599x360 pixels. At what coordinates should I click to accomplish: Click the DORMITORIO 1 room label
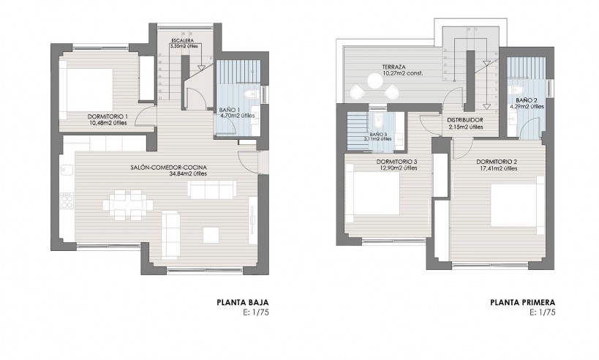coord(108,116)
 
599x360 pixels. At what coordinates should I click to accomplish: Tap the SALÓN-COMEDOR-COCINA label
coord(168,168)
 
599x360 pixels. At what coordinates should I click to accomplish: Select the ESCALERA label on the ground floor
coord(182,40)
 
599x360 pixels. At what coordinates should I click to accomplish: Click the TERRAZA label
coord(394,67)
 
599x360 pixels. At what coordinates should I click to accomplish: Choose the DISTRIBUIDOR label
coord(465,120)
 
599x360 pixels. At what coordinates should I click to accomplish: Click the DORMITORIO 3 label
coord(396,162)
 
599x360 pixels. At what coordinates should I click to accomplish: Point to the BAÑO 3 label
coord(378,135)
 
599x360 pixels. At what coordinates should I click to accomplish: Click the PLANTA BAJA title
coord(243,303)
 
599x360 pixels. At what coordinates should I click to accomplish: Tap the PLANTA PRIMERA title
coord(523,303)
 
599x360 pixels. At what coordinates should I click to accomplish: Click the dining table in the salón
coord(127,205)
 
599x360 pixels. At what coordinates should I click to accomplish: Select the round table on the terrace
coord(374,80)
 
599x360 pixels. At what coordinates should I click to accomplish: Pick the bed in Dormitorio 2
coord(517,205)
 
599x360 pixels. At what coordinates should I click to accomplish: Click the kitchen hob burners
coord(67,201)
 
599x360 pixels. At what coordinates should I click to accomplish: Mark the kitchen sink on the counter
coord(67,169)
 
